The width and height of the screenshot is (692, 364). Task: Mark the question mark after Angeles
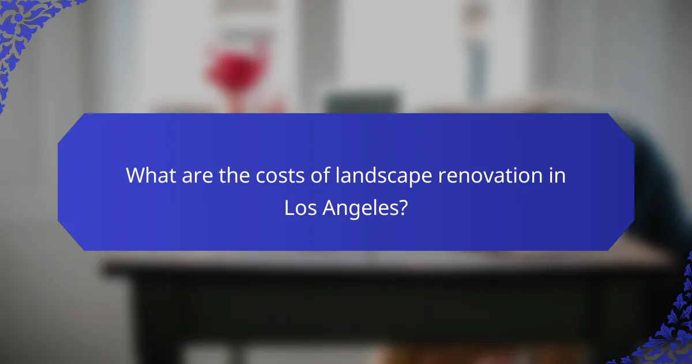(402, 207)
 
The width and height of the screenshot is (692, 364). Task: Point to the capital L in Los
(288, 207)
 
